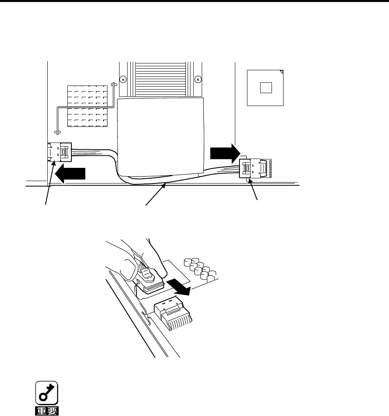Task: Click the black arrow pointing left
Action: click(x=70, y=174)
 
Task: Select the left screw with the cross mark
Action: click(x=124, y=80)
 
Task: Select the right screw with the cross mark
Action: click(x=197, y=80)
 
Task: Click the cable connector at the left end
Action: click(x=60, y=153)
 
